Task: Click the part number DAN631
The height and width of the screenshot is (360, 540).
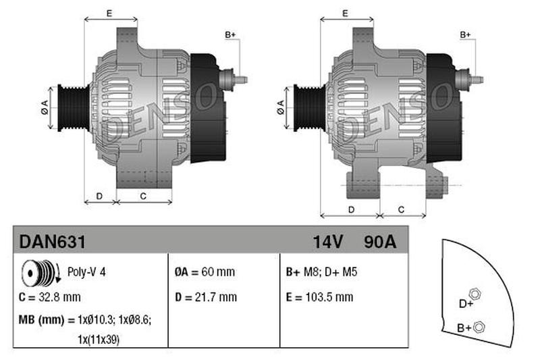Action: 53,242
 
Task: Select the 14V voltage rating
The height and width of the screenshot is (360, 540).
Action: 328,242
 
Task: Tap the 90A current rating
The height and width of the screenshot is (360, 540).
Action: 380,242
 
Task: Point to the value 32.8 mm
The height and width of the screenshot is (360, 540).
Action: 59,297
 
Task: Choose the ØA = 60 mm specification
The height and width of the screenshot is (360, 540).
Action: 205,272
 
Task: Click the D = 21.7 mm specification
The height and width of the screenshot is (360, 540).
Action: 206,297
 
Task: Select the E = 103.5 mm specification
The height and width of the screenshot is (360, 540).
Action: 319,297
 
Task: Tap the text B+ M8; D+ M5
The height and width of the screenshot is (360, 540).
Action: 322,272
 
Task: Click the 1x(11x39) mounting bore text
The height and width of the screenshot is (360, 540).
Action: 99,340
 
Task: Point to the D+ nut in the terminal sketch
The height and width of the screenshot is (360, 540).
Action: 475,294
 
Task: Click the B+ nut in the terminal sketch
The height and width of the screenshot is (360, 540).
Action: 479,327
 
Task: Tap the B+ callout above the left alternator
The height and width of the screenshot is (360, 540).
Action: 230,35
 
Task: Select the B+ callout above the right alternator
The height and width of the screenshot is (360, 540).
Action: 465,35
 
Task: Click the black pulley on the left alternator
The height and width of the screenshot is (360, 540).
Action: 74,108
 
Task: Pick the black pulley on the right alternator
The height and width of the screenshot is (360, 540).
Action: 309,108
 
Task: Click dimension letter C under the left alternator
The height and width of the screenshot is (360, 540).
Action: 143,197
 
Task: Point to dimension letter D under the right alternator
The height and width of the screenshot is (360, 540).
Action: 351,210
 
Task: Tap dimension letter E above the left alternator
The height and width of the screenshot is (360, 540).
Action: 109,14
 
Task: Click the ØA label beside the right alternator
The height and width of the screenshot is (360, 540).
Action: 281,107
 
